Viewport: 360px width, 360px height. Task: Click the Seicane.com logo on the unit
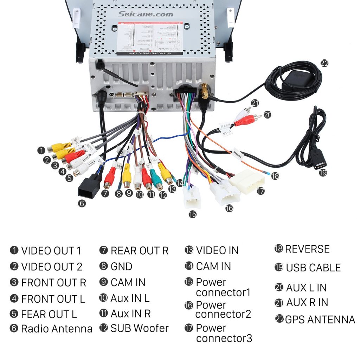(146, 14)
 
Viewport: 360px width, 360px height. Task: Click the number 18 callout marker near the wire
(275, 176)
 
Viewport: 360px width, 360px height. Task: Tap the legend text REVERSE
(307, 249)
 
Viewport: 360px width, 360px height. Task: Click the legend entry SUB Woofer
(140, 328)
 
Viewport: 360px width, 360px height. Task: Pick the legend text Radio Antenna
(57, 329)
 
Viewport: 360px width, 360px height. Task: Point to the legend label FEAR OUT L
(49, 314)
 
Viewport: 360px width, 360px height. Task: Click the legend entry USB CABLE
(313, 268)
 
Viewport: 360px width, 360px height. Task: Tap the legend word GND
(121, 266)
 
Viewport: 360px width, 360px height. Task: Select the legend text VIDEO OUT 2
(52, 266)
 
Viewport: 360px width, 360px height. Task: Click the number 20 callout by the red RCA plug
(268, 115)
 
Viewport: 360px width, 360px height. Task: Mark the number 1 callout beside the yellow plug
(41, 150)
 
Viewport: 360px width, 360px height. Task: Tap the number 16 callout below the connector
(229, 208)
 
